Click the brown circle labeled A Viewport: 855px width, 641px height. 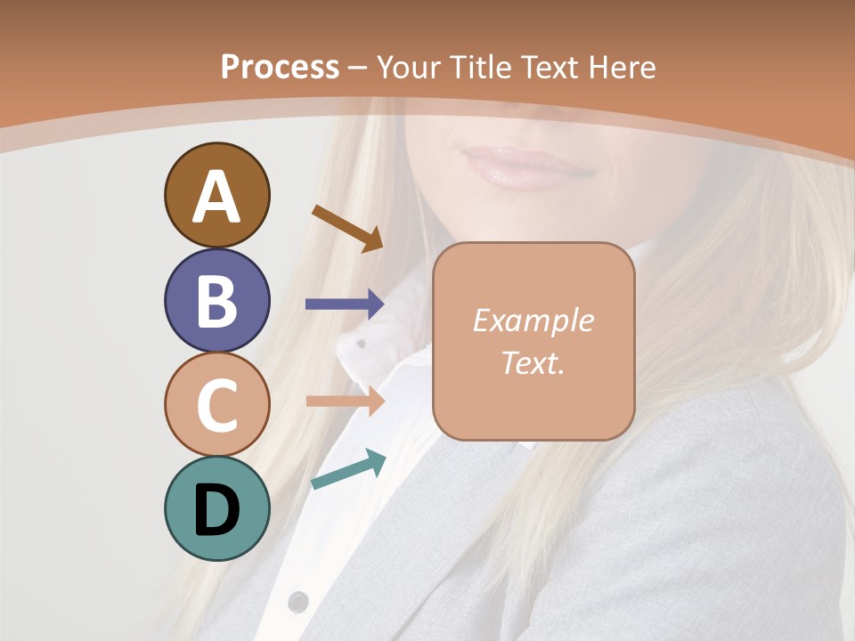[x=216, y=195]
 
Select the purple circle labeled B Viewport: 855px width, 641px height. [x=216, y=300]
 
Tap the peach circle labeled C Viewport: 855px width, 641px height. [x=216, y=404]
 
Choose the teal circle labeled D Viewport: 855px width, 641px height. [x=216, y=508]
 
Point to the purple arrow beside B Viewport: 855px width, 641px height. [x=345, y=304]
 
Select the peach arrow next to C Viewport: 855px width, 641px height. [x=345, y=401]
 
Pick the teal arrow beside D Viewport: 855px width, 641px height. [x=348, y=469]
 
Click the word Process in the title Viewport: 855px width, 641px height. [x=280, y=68]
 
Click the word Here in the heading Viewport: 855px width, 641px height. [x=623, y=68]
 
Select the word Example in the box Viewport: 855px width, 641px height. [x=533, y=320]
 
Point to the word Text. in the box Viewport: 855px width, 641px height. [x=533, y=362]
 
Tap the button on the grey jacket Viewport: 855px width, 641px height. [x=298, y=602]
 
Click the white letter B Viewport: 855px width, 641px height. [x=216, y=301]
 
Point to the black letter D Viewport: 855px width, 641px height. [x=216, y=509]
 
